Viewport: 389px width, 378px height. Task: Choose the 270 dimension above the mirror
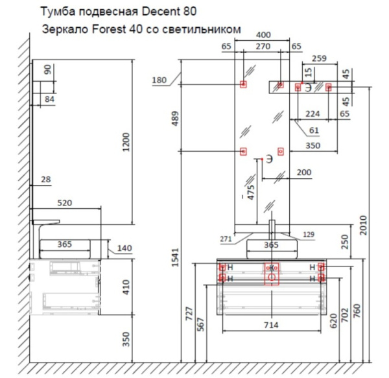pos(263,46)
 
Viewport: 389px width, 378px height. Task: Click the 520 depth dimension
pos(65,203)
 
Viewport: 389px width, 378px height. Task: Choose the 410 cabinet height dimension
pos(126,285)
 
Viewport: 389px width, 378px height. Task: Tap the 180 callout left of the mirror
pos(159,80)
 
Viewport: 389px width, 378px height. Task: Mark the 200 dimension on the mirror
pos(302,172)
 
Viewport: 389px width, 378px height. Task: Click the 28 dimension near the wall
pos(45,179)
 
